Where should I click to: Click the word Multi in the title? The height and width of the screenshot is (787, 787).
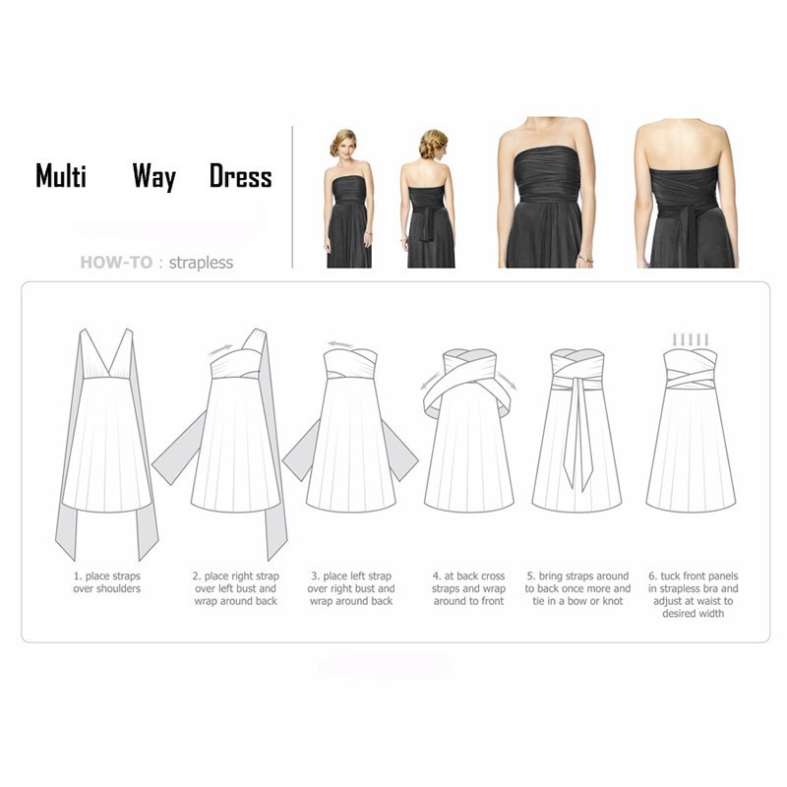coord(61,177)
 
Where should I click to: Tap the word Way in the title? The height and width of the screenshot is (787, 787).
coord(154,177)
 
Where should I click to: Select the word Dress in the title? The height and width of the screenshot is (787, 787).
coord(240,177)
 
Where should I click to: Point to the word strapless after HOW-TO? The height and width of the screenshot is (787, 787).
coord(201,263)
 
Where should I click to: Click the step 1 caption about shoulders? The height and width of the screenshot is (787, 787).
coord(106,582)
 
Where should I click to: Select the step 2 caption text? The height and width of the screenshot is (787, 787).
coord(235,588)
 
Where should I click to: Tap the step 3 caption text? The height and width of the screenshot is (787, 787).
coord(352,588)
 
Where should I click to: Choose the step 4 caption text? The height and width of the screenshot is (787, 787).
coord(468,588)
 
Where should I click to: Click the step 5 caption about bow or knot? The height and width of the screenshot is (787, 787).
coord(577,588)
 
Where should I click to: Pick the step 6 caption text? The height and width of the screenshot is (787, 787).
coord(693,594)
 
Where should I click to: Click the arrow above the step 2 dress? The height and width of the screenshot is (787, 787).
coord(221,347)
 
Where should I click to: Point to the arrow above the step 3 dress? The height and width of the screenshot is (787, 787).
coord(340,344)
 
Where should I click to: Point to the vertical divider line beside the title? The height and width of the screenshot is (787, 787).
coord(293,197)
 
